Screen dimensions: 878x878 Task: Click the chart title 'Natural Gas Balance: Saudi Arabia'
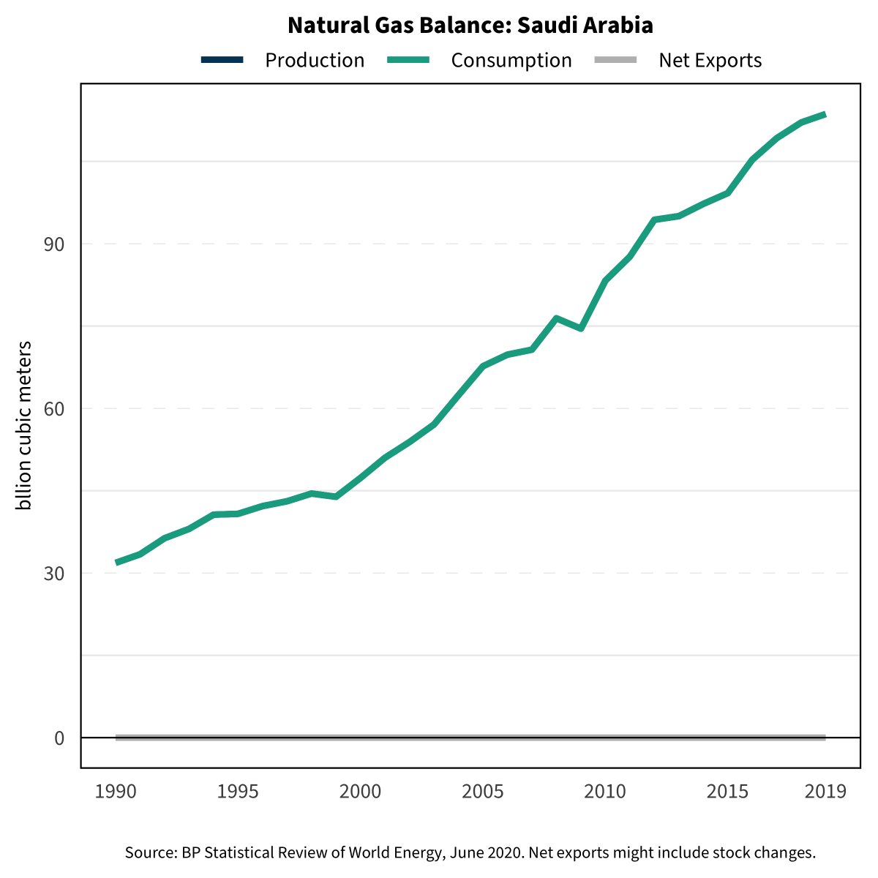click(470, 26)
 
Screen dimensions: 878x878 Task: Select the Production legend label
click(315, 60)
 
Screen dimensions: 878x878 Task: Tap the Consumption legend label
click(511, 60)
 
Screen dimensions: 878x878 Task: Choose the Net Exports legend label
click(710, 60)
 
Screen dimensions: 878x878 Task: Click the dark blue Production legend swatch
click(222, 60)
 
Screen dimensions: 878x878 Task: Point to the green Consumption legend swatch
click(407, 60)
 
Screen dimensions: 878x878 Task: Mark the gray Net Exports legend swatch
click(615, 60)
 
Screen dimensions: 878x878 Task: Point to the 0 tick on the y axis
click(59, 738)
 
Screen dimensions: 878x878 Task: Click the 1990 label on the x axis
click(116, 792)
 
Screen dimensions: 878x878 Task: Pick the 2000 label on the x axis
click(361, 792)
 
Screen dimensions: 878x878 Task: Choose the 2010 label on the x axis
click(605, 792)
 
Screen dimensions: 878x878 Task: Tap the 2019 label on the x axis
click(825, 792)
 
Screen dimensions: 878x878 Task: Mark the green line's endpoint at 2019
click(825, 115)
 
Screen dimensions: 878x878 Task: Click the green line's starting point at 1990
click(116, 563)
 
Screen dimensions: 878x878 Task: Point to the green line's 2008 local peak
click(557, 318)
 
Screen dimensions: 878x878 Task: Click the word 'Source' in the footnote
click(149, 852)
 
